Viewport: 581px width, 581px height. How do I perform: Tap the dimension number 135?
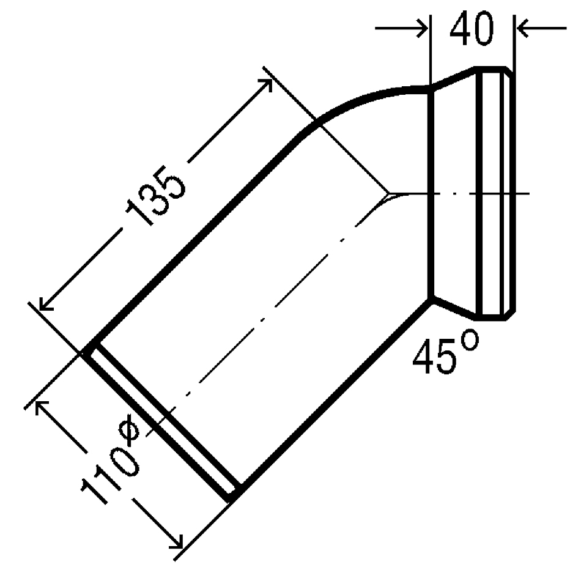pos(155,196)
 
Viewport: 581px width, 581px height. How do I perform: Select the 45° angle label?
pos(445,352)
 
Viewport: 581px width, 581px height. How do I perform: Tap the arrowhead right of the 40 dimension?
pos(522,28)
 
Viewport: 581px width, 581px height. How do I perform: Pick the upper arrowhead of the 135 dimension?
pos(267,83)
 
